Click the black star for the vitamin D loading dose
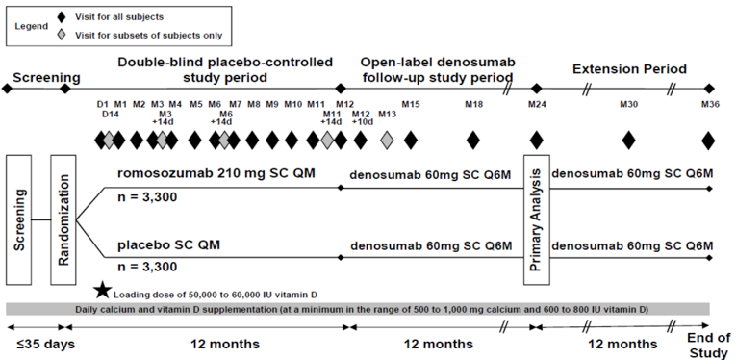tap(101, 289)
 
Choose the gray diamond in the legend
tap(63, 35)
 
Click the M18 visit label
tap(472, 104)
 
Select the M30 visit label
tap(628, 104)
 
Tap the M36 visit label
tap(709, 104)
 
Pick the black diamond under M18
tap(472, 141)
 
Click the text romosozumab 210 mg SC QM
tap(203, 174)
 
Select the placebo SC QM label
tap(168, 244)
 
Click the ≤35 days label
tap(36, 344)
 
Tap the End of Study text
tap(708, 344)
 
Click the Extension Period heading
tap(629, 69)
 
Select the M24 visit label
tap(536, 104)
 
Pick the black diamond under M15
tap(411, 141)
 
